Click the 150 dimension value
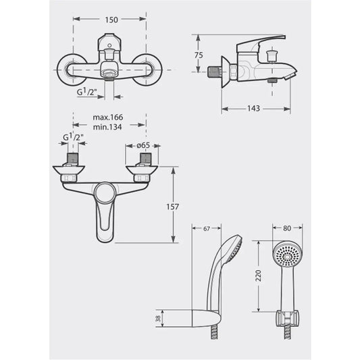(x=111, y=20)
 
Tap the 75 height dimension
(x=199, y=55)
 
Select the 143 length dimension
(x=253, y=108)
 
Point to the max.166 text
(x=108, y=118)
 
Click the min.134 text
(x=107, y=127)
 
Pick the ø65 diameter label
(x=143, y=145)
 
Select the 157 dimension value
(x=172, y=207)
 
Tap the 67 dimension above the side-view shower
(x=207, y=229)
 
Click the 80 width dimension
(x=287, y=228)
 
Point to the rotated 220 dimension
(x=259, y=276)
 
